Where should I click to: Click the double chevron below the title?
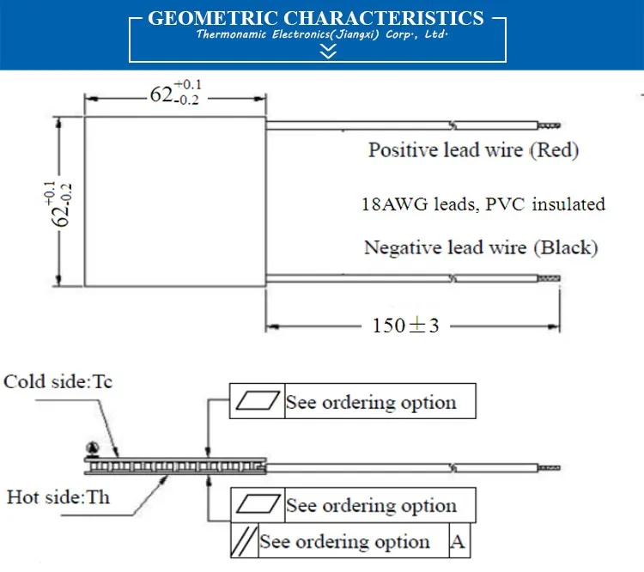click(x=327, y=52)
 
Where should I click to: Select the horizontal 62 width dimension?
click(x=174, y=93)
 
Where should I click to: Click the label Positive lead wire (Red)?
click(x=473, y=150)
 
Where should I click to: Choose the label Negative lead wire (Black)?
click(x=480, y=248)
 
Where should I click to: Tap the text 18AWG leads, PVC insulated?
click(x=483, y=204)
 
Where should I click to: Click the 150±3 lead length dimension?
click(x=405, y=326)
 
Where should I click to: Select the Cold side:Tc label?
click(x=58, y=382)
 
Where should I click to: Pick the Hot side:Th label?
click(x=58, y=496)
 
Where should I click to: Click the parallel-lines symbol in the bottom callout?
click(x=245, y=541)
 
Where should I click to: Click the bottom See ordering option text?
click(x=344, y=542)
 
